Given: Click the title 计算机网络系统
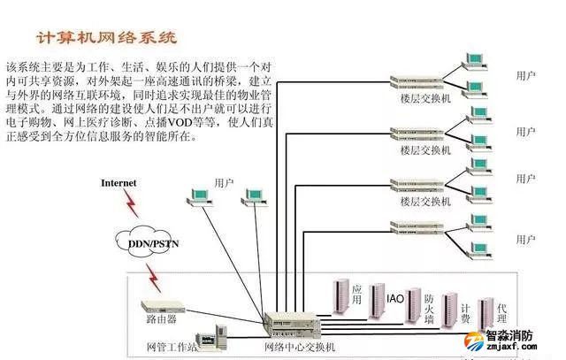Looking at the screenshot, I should click(x=106, y=38).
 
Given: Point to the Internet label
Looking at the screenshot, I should click(x=119, y=183).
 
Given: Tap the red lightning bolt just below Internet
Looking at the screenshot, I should click(x=133, y=205).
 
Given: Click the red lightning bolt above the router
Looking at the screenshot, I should click(x=158, y=277).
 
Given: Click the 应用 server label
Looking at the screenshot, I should click(x=356, y=295).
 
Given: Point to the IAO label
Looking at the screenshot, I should click(x=395, y=299).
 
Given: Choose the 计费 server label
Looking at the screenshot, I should click(x=464, y=313).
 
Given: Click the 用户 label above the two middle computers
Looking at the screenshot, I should click(x=224, y=182).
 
